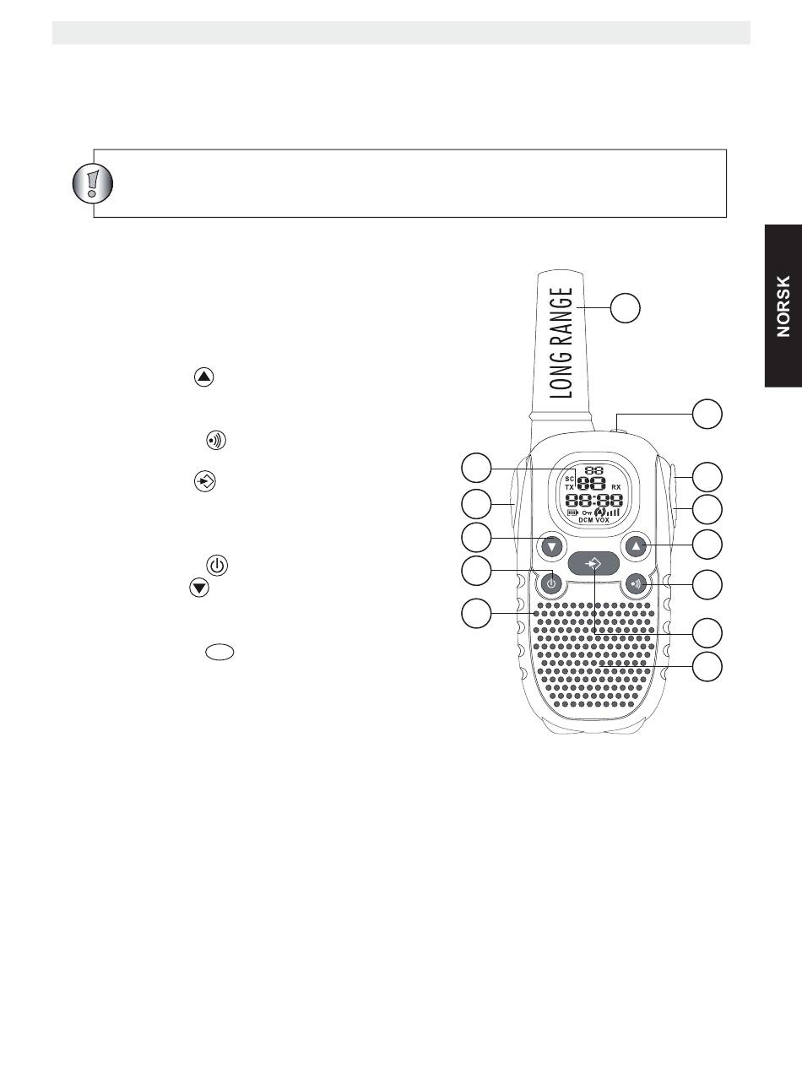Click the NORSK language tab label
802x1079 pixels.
(x=784, y=306)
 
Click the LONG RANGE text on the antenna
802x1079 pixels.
(x=561, y=343)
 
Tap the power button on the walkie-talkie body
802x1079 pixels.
(x=550, y=583)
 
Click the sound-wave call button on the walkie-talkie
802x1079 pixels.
(x=637, y=583)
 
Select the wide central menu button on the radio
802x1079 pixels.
(x=593, y=563)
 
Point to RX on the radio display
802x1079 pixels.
(x=617, y=487)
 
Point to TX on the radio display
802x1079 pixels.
(x=570, y=487)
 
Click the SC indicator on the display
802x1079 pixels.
(x=570, y=479)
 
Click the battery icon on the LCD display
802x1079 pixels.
(x=572, y=512)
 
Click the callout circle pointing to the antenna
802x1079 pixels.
(x=626, y=308)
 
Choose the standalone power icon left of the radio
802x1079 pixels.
(x=217, y=566)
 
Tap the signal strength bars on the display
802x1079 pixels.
(x=613, y=512)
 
